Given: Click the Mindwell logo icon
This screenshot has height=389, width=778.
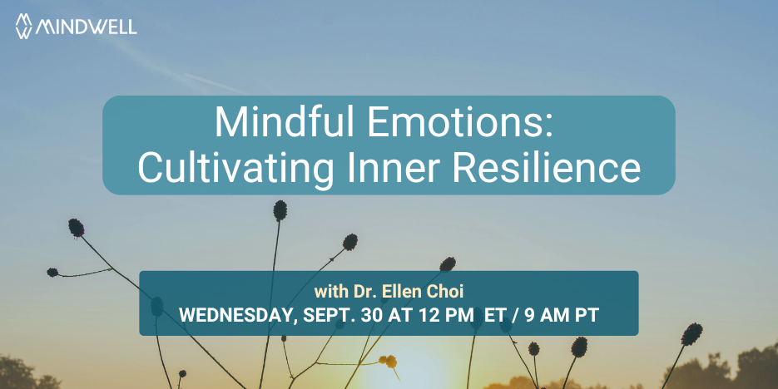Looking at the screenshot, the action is [x=24, y=26].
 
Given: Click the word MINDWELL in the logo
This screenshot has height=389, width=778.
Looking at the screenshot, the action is [x=87, y=27].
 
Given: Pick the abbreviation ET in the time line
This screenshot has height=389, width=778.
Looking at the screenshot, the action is [x=495, y=315].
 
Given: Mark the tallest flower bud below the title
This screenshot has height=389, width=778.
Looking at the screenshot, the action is [x=280, y=210].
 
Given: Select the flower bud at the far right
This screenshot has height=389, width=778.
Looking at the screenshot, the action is [x=691, y=334].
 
